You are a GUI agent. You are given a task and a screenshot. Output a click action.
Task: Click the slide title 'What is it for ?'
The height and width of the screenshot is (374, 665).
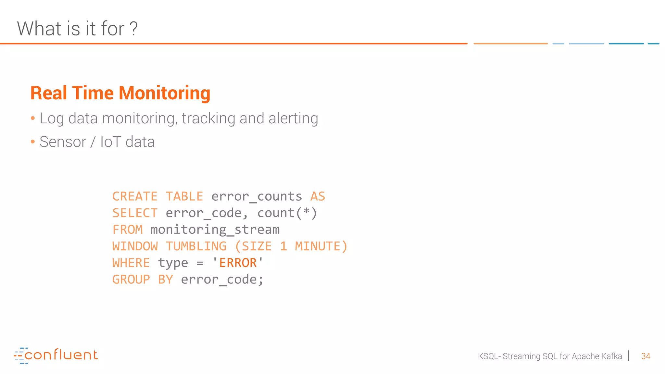click(77, 29)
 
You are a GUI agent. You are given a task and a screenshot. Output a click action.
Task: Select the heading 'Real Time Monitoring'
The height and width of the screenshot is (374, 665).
click(120, 93)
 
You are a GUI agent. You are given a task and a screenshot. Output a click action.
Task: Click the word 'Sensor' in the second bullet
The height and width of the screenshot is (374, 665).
click(63, 142)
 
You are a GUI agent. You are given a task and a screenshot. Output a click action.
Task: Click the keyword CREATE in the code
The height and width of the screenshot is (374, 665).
click(135, 196)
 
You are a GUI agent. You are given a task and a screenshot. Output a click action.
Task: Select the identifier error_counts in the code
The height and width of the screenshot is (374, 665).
click(257, 196)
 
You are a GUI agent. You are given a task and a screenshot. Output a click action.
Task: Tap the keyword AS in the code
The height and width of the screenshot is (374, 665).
click(318, 196)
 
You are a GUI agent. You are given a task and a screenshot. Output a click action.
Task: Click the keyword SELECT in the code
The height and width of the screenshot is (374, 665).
click(135, 213)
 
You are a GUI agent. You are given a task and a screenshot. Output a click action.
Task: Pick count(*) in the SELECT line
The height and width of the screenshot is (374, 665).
click(287, 213)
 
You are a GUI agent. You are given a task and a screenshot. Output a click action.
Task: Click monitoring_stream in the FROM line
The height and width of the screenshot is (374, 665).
click(215, 230)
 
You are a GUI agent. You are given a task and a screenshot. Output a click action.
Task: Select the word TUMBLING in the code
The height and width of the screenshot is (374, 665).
click(196, 246)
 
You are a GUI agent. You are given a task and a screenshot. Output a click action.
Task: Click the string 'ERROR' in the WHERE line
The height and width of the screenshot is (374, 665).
click(238, 263)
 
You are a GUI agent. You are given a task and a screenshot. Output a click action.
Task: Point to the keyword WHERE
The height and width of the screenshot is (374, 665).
click(131, 263)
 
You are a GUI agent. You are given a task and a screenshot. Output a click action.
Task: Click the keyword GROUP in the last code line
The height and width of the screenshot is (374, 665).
click(131, 279)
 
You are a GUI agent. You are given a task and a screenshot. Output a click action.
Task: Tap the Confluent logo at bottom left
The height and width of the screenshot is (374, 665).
click(56, 355)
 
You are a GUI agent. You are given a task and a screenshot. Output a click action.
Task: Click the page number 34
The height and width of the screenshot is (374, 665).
click(646, 356)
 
